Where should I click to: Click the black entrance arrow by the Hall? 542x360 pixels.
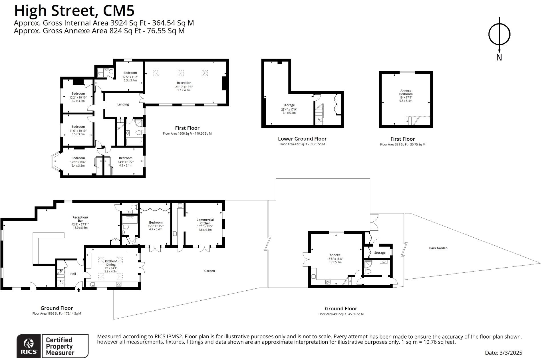click(79, 290)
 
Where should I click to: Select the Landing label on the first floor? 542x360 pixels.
click(123, 104)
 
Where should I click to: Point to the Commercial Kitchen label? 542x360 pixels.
click(205, 221)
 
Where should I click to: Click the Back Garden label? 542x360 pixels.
click(438, 248)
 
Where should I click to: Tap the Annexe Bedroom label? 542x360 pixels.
click(406, 92)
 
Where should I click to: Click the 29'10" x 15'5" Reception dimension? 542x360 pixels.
click(184, 87)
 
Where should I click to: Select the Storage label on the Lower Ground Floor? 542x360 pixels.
click(289, 105)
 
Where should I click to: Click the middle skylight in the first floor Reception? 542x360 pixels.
click(180, 73)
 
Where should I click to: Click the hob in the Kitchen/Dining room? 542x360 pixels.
click(118, 284)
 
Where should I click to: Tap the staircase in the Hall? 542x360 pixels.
click(61, 277)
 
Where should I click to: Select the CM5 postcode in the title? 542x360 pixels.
click(118, 11)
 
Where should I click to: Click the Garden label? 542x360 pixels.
click(209, 271)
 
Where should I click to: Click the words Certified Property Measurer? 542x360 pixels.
click(59, 346)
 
